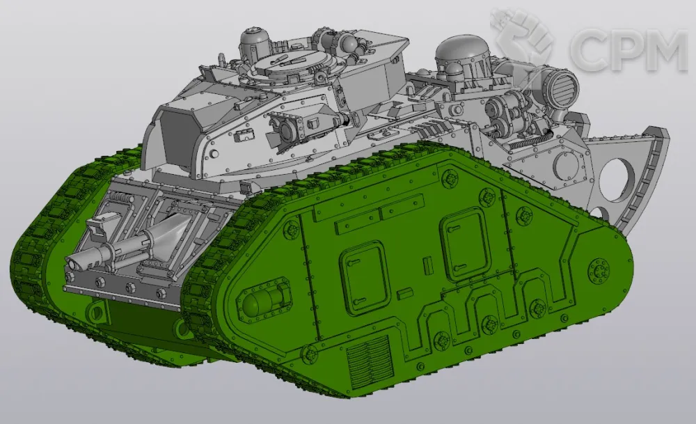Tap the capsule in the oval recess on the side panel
tap(261, 302)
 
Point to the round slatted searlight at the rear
tap(563, 87)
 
